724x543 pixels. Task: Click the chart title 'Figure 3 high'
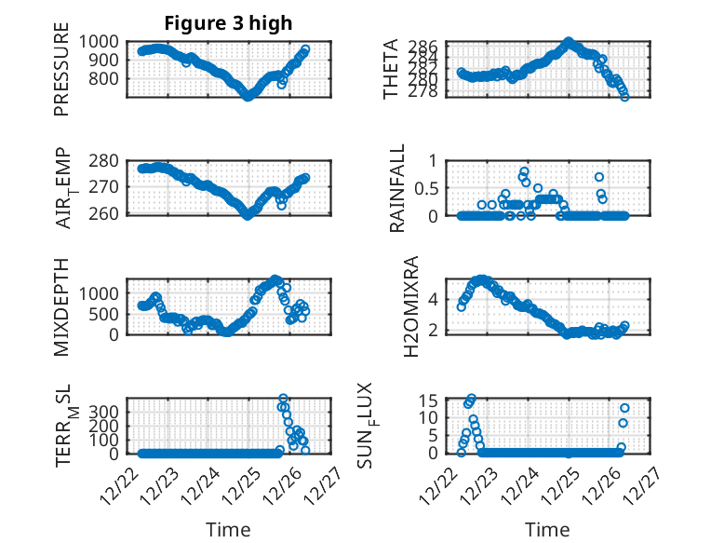tap(227, 22)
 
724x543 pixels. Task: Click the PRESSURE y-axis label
tap(61, 75)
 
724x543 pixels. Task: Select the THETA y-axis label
tap(392, 70)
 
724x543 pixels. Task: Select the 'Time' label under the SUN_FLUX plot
tap(548, 529)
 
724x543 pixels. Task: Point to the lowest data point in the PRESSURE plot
tap(248, 95)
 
